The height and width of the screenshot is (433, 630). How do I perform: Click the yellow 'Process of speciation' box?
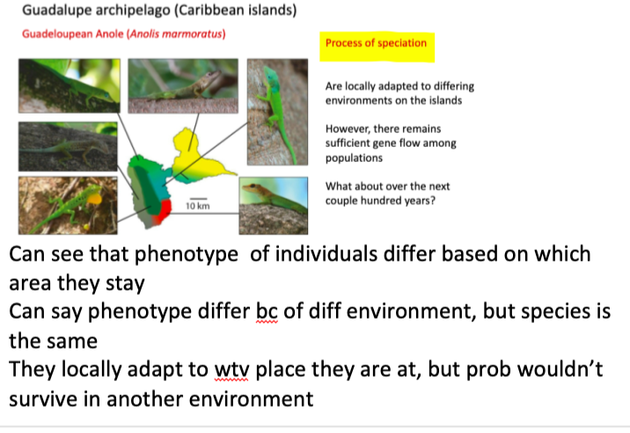tap(377, 47)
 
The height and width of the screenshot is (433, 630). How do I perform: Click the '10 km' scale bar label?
tap(198, 206)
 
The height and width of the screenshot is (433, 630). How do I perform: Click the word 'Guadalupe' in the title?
tap(56, 10)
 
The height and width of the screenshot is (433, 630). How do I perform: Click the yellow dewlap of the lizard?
tap(94, 199)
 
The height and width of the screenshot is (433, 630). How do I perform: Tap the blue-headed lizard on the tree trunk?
tap(277, 112)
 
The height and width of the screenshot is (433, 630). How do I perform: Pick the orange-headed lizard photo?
tap(274, 205)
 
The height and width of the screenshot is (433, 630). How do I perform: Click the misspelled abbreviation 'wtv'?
tap(231, 369)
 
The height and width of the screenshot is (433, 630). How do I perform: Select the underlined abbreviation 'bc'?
tap(267, 312)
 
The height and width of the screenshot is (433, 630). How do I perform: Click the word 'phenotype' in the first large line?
tap(186, 255)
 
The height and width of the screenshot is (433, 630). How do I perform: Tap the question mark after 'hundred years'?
tap(432, 200)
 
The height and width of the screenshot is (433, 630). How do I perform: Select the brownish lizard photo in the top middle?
tap(183, 86)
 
